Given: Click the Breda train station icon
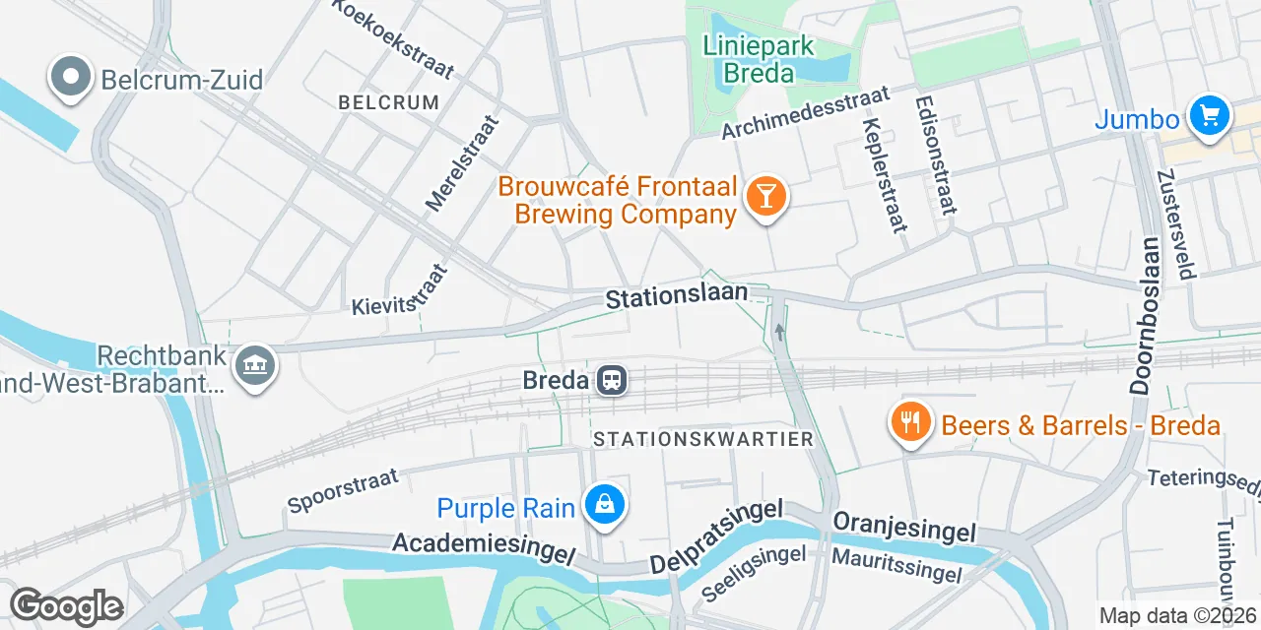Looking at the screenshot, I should [x=612, y=379].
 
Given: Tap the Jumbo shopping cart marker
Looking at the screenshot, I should [x=1209, y=117].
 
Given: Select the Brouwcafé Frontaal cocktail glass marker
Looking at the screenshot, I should [x=765, y=196].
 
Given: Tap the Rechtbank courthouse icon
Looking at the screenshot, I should [x=256, y=367].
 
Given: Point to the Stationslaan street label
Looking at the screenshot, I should [x=676, y=297].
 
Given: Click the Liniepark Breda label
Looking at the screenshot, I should [x=759, y=59].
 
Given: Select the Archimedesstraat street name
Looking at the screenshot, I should [x=805, y=113].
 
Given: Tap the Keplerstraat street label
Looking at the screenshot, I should [x=883, y=174].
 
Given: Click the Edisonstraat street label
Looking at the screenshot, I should [x=936, y=155].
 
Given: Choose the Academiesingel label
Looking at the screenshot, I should [x=483, y=548].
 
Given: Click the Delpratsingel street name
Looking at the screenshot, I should [x=716, y=536].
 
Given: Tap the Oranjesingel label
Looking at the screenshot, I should [x=904, y=526].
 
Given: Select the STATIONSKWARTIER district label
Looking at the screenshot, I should [x=703, y=439].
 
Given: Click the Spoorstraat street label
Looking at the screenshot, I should [x=343, y=489].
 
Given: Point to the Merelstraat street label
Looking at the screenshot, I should [x=462, y=162].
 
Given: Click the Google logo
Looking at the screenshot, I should [x=66, y=606].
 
